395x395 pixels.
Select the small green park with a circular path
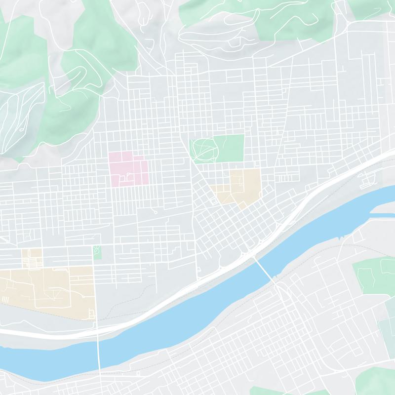pyautogui.click(x=97, y=252)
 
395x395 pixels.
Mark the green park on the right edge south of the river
pyautogui.click(x=373, y=272)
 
